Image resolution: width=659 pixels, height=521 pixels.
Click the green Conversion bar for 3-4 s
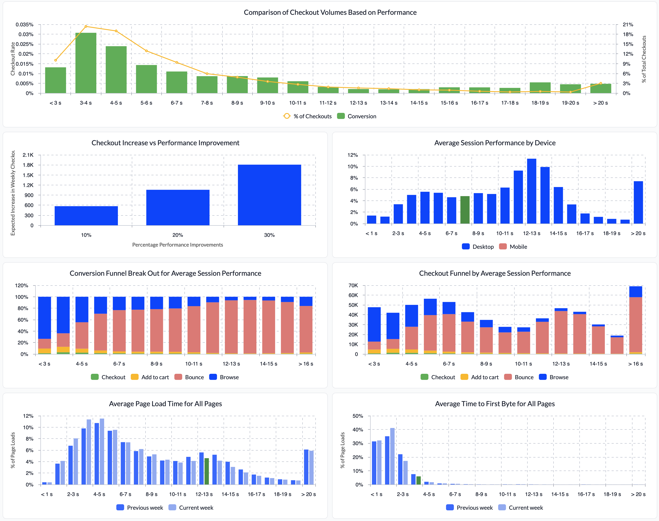86,63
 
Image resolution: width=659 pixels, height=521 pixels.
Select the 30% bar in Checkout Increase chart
269,195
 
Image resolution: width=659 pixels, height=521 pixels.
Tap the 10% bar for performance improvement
86,216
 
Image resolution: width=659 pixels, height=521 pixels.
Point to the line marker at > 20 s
600,83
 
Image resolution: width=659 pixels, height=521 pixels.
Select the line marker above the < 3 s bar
55,60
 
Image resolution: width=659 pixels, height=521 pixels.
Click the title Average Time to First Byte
495,404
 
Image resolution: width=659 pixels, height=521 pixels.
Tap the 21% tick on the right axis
628,24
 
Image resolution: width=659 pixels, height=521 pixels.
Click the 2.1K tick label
28,155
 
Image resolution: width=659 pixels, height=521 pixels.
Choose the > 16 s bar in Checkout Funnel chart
636,320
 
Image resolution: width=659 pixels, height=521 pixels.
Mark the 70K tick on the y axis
353,286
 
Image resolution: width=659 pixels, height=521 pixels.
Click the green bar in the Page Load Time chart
207,471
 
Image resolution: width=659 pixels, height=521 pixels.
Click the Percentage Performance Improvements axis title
177,245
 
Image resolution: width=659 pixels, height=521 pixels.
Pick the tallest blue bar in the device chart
532,191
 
